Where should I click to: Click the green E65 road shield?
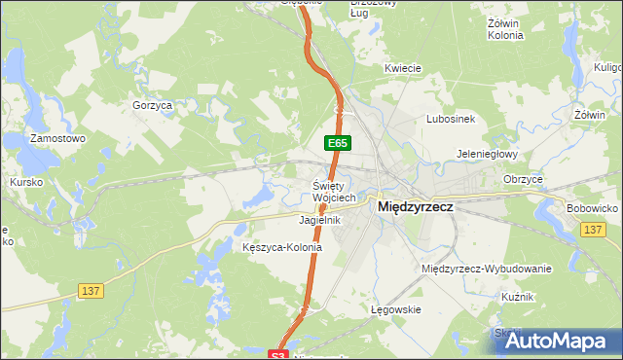tap(338, 143)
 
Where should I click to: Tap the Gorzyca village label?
tap(152, 104)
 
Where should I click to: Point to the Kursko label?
tap(25, 182)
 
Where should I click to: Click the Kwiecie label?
tap(402, 68)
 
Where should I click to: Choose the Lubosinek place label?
tap(450, 119)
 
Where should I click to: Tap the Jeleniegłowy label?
tap(488, 154)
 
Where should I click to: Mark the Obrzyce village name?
tap(523, 179)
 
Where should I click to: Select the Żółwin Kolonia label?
tap(504, 28)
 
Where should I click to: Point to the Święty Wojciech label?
tap(335, 192)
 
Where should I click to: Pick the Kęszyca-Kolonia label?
tap(281, 247)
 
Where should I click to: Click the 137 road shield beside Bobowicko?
tap(593, 229)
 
